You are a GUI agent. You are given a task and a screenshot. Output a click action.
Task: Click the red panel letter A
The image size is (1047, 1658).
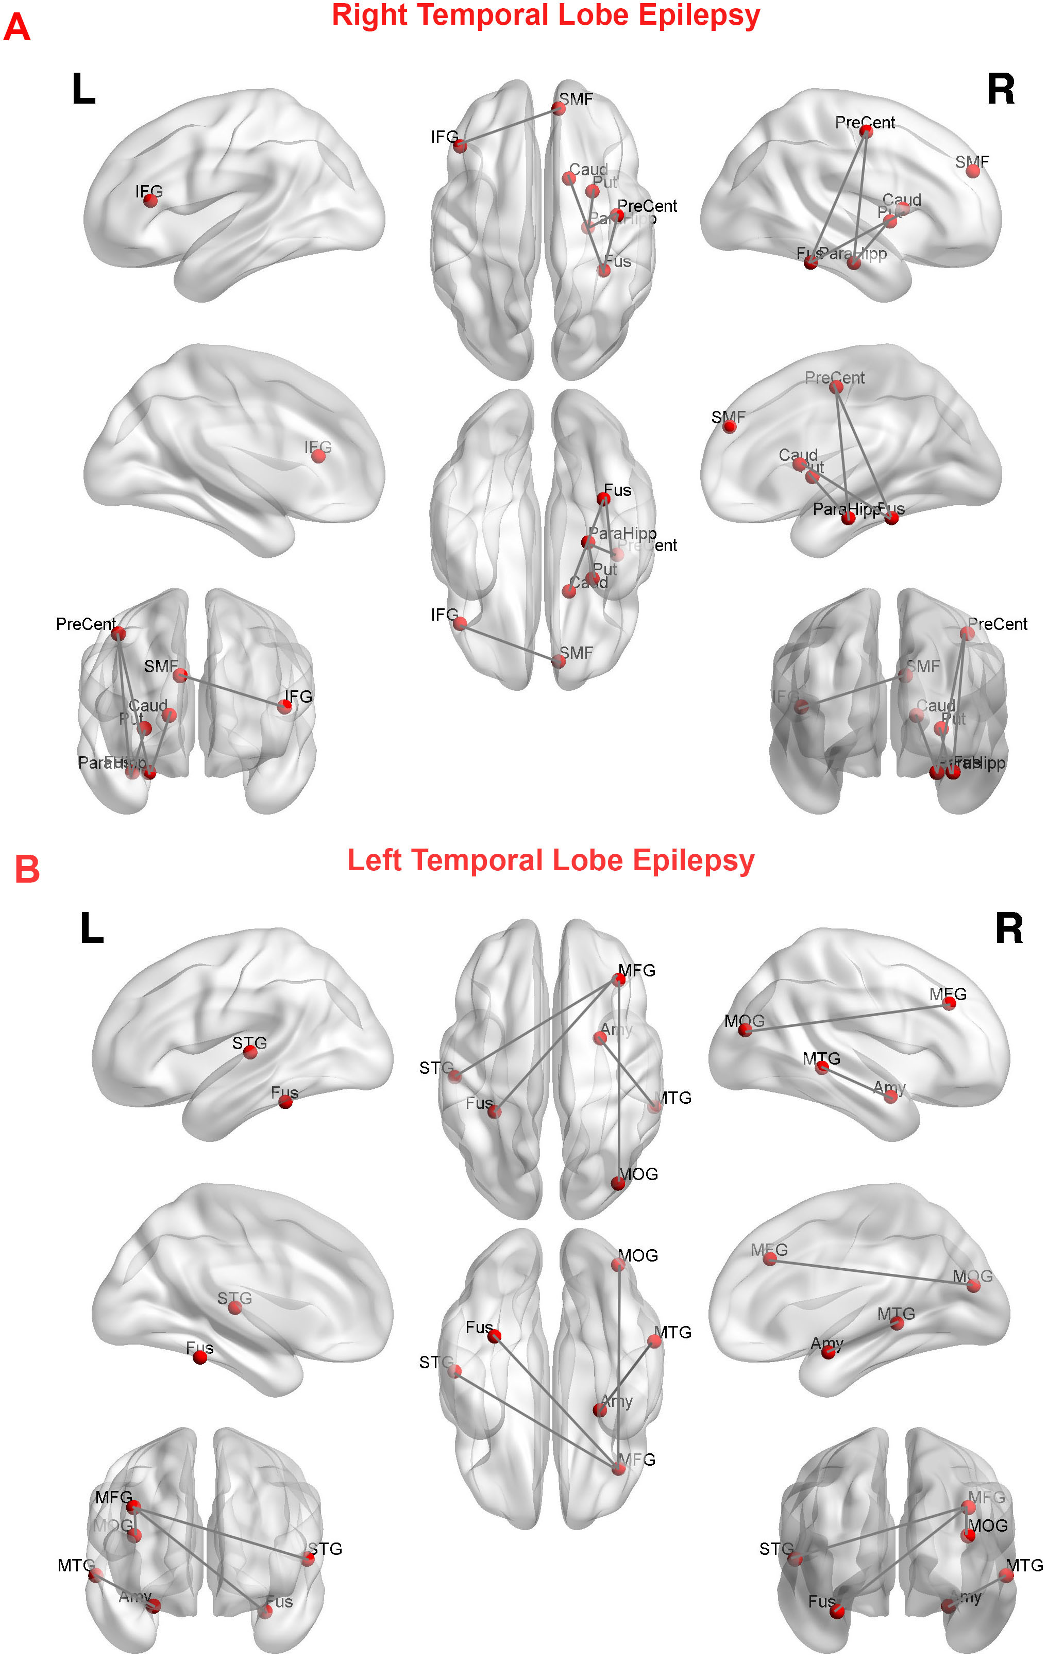[16, 29]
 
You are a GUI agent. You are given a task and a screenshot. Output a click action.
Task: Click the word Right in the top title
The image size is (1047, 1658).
[369, 15]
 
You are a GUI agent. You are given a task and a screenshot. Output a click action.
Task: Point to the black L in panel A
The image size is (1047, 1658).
[83, 90]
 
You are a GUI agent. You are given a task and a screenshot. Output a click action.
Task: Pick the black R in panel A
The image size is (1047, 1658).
[1000, 90]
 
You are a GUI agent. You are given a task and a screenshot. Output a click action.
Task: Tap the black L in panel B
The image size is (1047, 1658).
[92, 929]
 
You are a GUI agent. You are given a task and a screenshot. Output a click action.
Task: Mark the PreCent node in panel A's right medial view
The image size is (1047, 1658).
[836, 387]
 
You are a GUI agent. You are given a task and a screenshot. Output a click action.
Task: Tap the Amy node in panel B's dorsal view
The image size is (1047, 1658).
[600, 1038]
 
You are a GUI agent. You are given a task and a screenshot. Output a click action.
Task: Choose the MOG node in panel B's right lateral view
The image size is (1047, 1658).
[745, 1031]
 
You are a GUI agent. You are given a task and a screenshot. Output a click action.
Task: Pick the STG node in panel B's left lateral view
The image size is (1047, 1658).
[250, 1052]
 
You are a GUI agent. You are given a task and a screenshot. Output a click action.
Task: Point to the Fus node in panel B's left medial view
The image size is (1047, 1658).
[200, 1357]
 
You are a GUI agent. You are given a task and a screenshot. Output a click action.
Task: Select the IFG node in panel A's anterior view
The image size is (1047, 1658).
[284, 706]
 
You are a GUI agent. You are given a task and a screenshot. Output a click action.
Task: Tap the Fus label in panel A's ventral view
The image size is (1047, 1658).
[617, 490]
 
